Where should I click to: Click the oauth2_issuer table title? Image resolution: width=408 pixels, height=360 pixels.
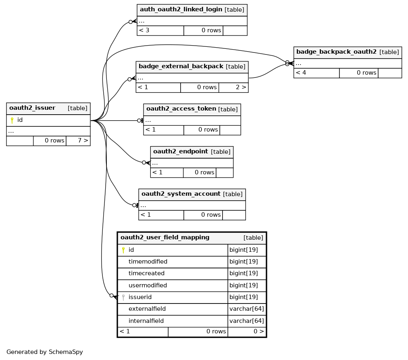(32, 108)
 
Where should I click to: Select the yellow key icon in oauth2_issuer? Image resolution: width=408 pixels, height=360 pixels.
(12, 120)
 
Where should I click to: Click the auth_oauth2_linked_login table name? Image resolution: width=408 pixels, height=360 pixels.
(181, 9)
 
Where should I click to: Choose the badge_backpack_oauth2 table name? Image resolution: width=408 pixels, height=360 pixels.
(337, 52)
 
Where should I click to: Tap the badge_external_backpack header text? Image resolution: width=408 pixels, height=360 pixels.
(181, 67)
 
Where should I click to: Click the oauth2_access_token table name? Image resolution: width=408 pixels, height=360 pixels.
(181, 109)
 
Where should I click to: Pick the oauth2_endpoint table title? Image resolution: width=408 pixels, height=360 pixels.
(181, 151)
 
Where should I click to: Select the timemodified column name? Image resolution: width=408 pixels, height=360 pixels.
(148, 262)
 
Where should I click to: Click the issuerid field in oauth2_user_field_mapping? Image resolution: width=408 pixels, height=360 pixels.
(140, 297)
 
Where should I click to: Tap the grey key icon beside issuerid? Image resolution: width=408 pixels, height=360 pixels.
(123, 297)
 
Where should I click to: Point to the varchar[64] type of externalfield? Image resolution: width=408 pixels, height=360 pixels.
(247, 309)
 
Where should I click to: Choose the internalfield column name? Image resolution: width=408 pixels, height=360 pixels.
(146, 321)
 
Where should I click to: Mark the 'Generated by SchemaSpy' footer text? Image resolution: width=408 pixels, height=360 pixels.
(45, 352)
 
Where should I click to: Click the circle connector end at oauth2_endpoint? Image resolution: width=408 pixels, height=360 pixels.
(144, 163)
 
